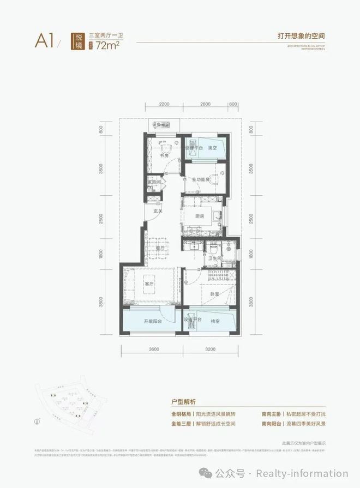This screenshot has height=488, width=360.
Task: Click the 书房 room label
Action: click(x=163, y=155)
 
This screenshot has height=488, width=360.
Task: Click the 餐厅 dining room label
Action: click(x=161, y=248)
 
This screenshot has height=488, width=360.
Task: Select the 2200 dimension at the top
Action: click(x=165, y=104)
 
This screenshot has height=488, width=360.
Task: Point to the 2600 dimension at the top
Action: click(x=205, y=104)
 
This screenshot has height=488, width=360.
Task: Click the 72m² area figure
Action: click(x=107, y=45)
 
